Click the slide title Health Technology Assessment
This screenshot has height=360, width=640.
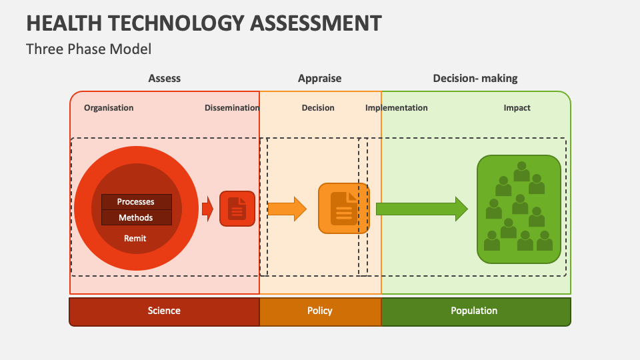[x=204, y=23]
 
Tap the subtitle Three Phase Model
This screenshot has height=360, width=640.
[x=89, y=49]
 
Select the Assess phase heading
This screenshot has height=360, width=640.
[x=164, y=78]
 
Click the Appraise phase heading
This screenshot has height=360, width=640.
[x=319, y=79]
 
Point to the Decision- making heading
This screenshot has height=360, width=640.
[x=475, y=79]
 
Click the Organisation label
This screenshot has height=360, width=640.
[x=109, y=108]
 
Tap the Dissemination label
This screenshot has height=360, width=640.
[x=232, y=108]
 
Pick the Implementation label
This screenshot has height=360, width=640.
[x=396, y=108]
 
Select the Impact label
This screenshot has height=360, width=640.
[x=517, y=108]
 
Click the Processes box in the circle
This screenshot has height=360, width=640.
[x=136, y=201]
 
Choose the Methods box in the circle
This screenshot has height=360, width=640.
[x=136, y=217]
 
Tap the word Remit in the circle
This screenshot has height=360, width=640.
[x=135, y=239]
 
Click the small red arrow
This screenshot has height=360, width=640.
[x=208, y=209]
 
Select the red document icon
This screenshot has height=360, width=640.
[x=237, y=209]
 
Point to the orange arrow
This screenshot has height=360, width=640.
[x=287, y=209]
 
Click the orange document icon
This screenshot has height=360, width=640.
[x=344, y=208]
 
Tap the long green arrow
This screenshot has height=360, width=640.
[x=422, y=209]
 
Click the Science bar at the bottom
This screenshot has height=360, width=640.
[x=164, y=312]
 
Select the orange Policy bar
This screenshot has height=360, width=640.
[x=321, y=312]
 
